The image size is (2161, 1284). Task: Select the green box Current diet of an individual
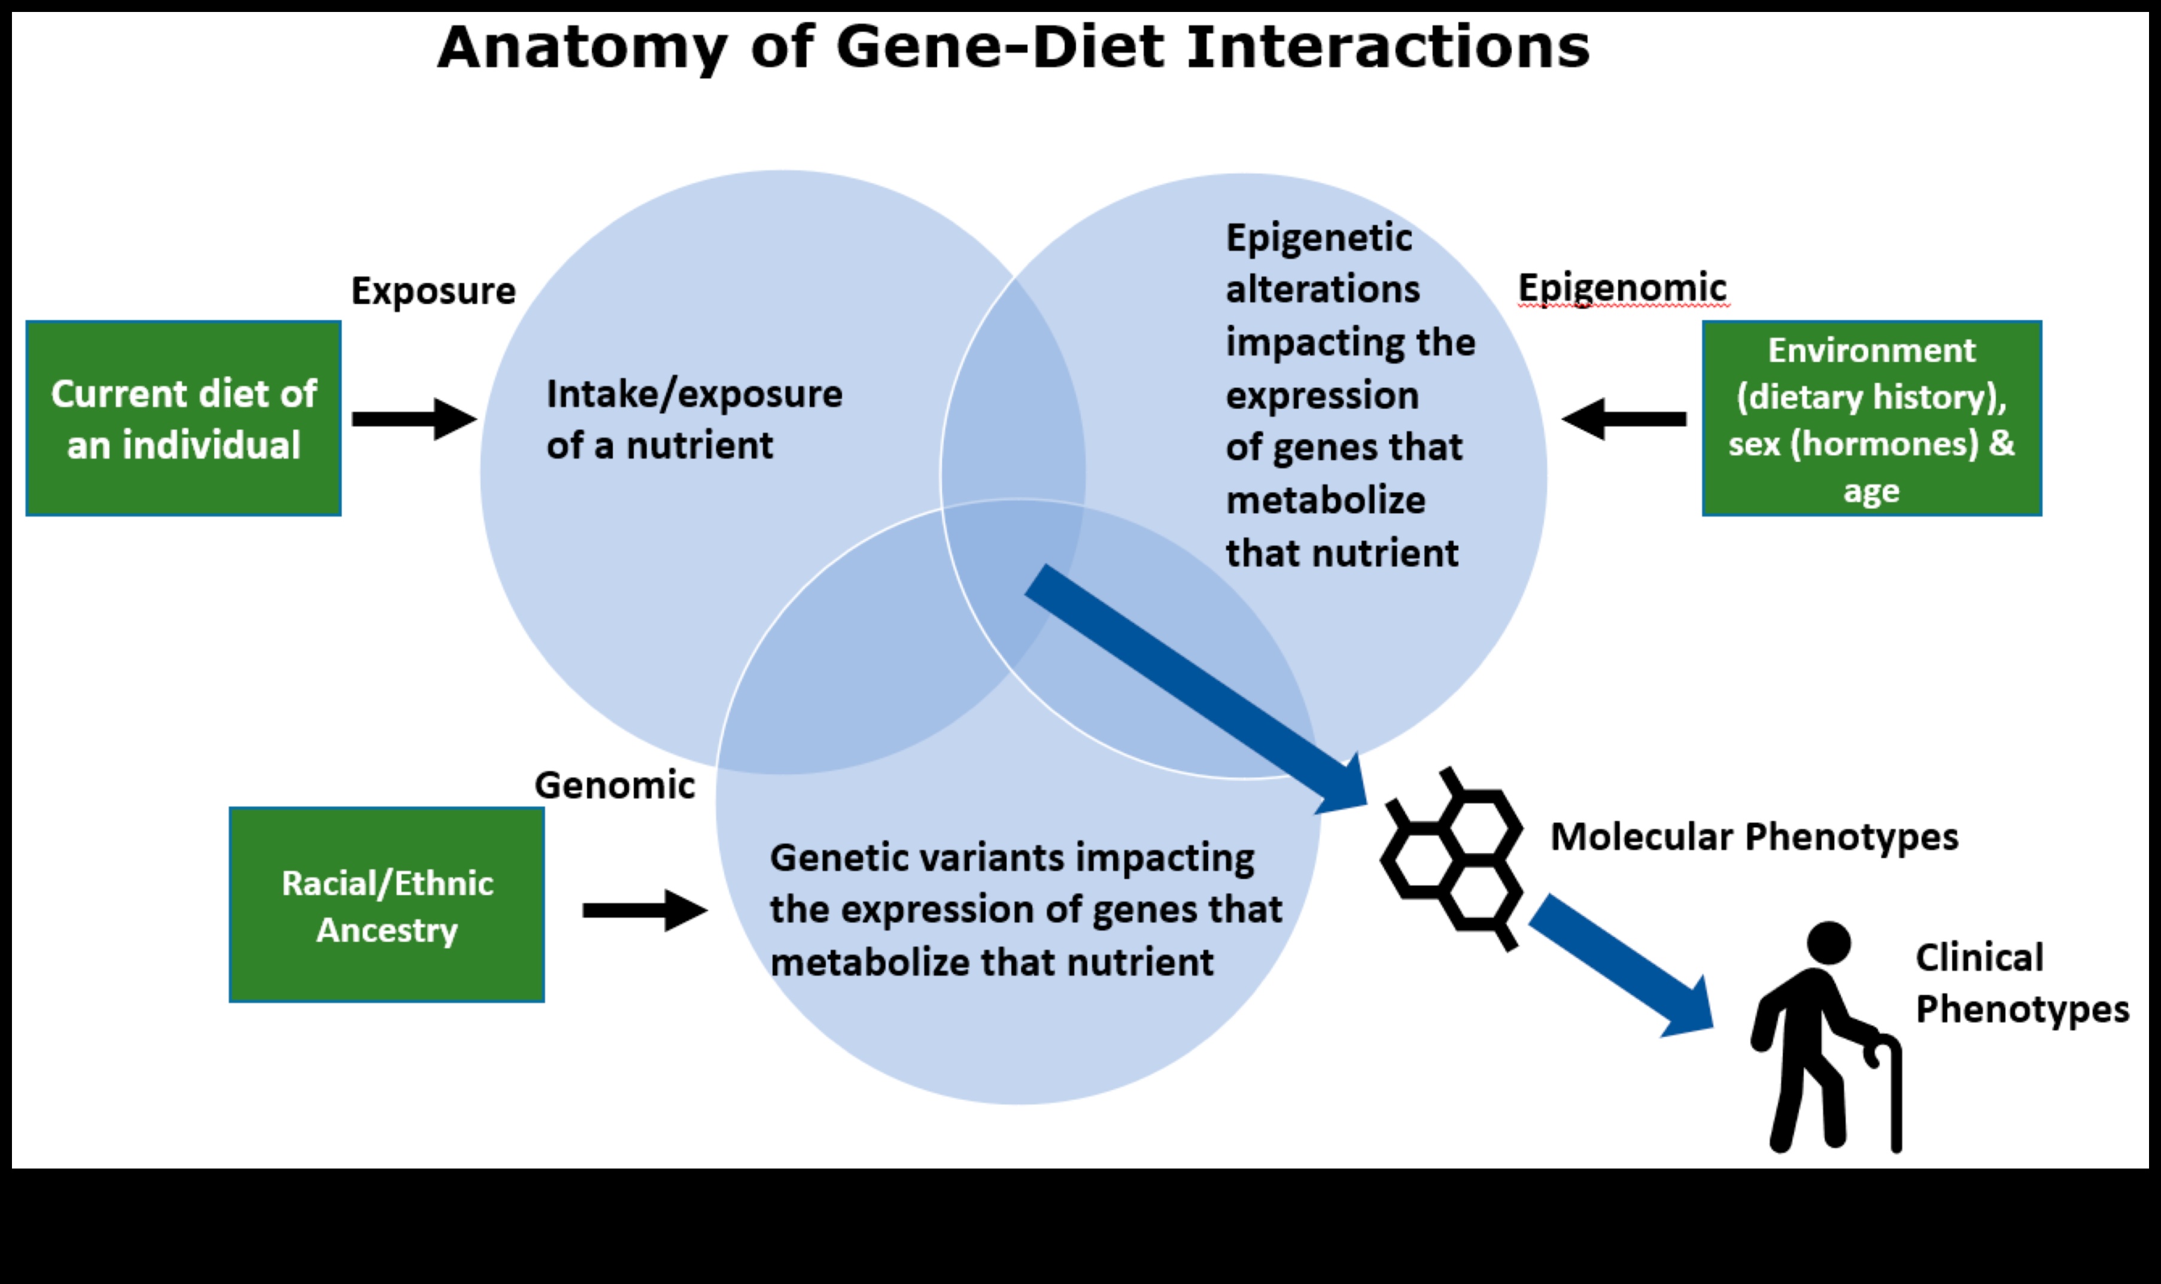(184, 419)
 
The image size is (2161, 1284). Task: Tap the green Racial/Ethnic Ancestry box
(387, 905)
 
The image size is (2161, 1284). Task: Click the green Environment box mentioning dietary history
(1871, 419)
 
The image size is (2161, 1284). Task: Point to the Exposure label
(433, 291)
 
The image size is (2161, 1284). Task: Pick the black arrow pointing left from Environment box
(1624, 419)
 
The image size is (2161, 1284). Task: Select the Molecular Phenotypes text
(1754, 836)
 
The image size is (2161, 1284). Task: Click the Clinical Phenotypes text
(2021, 984)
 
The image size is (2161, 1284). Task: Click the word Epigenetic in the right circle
(1318, 238)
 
